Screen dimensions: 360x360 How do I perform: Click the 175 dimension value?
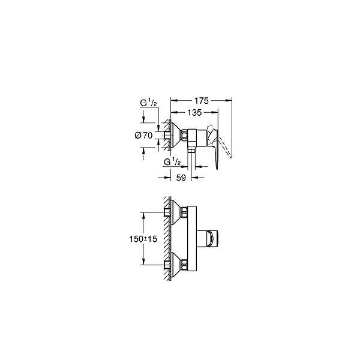[x=202, y=101]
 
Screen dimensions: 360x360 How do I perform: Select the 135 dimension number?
[x=194, y=113]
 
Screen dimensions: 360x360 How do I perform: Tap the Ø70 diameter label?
[x=143, y=136]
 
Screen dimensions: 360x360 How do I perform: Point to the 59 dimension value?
[x=181, y=178]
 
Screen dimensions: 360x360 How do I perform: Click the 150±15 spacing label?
[x=143, y=239]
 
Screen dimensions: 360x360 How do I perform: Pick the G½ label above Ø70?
[x=148, y=103]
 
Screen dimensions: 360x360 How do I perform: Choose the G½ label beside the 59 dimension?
[x=172, y=162]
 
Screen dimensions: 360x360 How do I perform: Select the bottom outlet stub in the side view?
[x=191, y=149]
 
